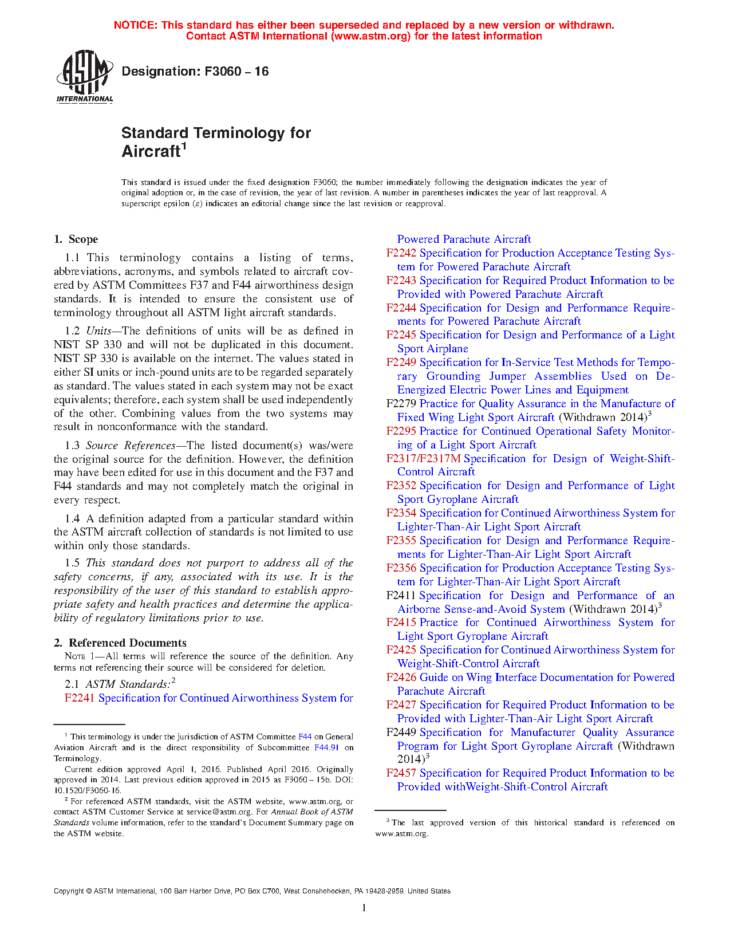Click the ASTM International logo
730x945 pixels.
coord(84,76)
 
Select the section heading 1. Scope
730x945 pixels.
coord(76,239)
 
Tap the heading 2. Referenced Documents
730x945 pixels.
coord(120,643)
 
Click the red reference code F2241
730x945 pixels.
coord(80,698)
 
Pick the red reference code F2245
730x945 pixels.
coord(401,335)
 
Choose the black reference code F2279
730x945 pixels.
coord(401,404)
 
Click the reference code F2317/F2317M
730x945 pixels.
coord(423,459)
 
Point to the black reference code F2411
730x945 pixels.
coord(401,596)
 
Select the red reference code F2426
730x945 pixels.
coord(401,678)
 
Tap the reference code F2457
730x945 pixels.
coord(401,773)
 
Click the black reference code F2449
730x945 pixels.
coord(401,733)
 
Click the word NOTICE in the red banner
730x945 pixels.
coord(135,25)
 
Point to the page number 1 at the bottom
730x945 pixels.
coord(364,908)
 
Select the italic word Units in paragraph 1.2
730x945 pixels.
coord(99,331)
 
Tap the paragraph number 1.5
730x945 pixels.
coord(72,563)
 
